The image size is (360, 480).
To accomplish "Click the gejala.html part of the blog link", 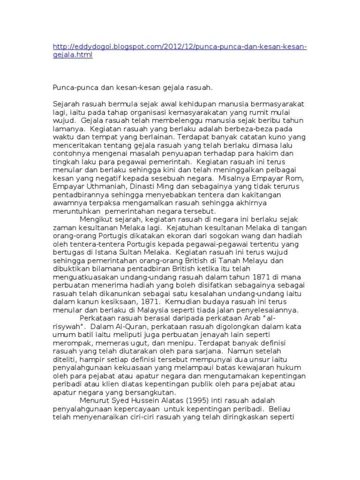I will coord(73,55).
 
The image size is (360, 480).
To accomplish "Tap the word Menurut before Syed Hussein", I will coord(95,401).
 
